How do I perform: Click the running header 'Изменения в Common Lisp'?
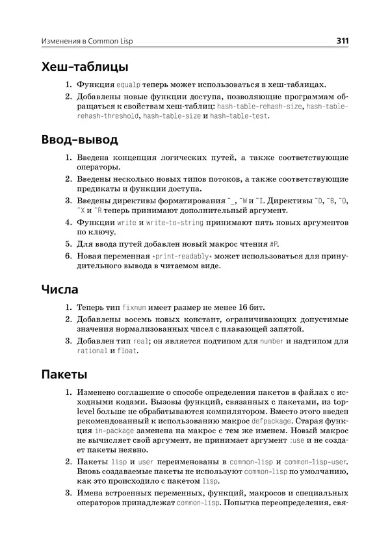[x=90, y=42]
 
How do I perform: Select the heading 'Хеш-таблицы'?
[x=84, y=67]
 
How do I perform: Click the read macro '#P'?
[x=274, y=244]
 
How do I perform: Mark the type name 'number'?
[x=272, y=340]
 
